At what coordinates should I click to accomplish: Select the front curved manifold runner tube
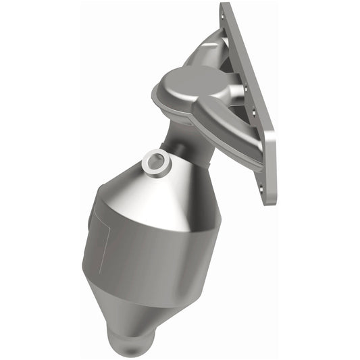pos(216,125)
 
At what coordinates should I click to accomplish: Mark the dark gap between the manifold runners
pos(233,101)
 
